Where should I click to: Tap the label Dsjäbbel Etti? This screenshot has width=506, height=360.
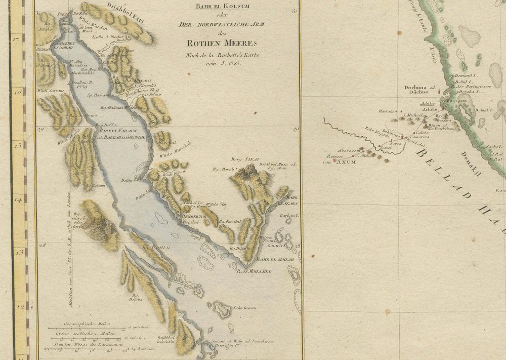coord(123,7)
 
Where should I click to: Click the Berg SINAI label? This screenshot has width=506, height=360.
coord(242,158)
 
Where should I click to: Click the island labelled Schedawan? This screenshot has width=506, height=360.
coord(222,308)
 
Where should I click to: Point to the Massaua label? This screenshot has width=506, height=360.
coord(456,101)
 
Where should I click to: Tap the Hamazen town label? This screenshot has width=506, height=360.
coord(388,111)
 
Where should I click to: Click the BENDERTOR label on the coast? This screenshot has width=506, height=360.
coord(193,215)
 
